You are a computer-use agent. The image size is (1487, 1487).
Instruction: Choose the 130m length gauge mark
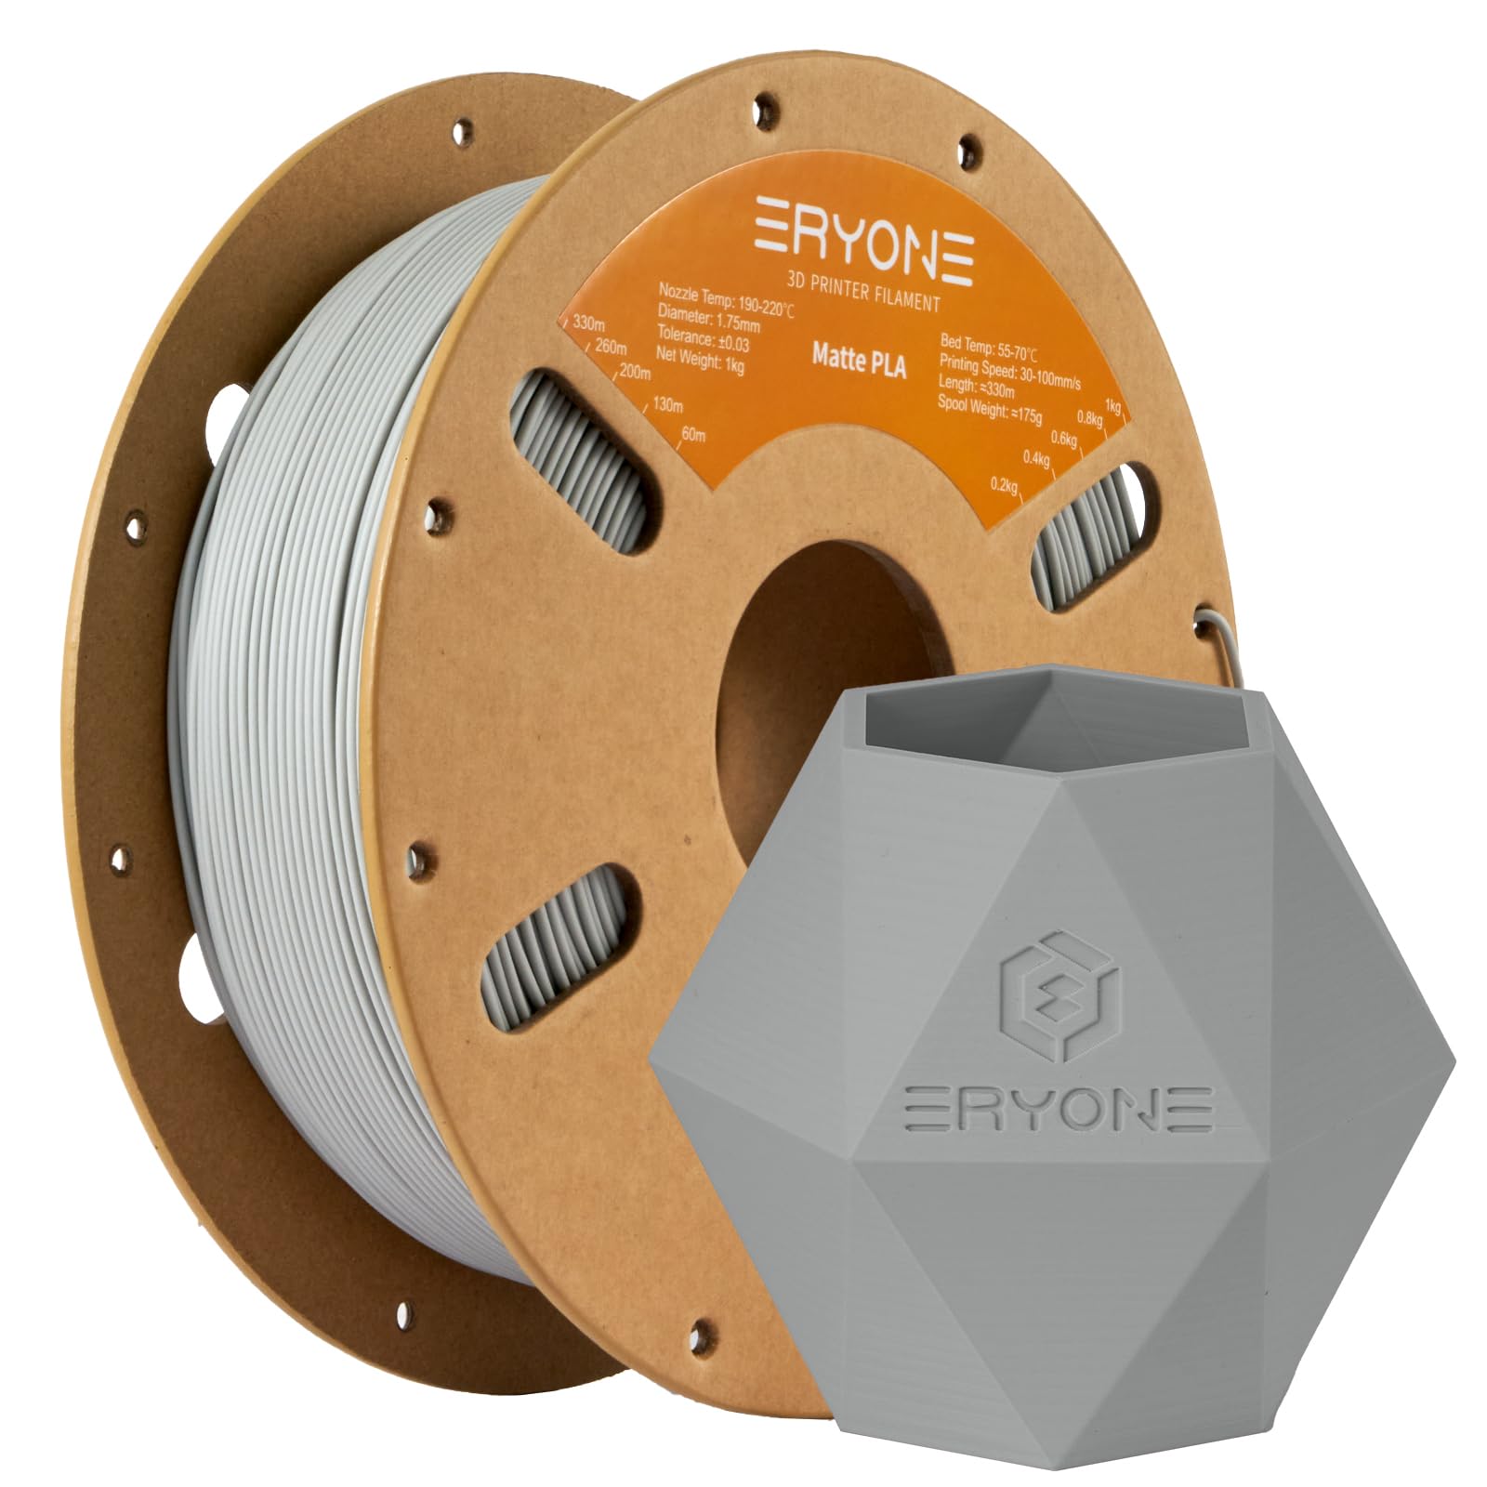(666, 405)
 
